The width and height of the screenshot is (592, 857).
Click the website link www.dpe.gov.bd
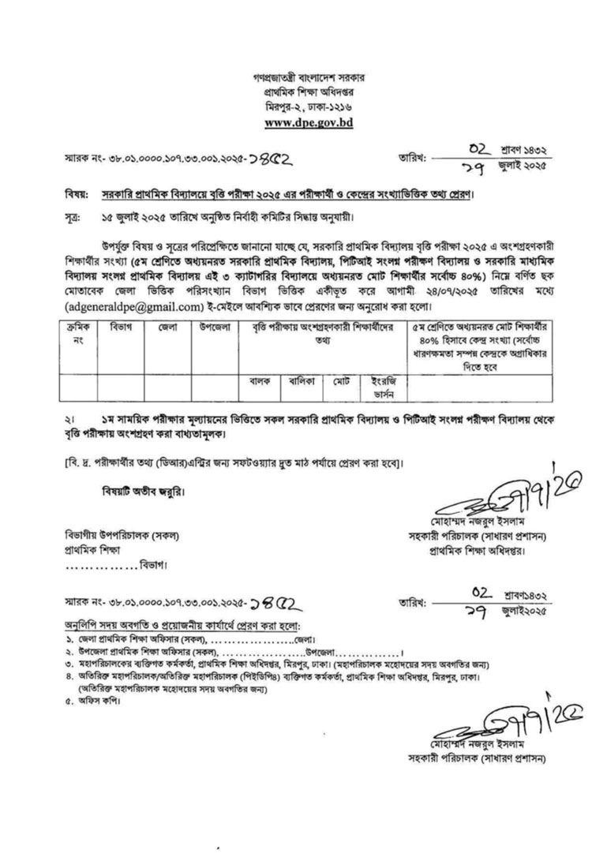tap(298, 123)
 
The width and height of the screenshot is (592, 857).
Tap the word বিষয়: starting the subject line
tap(75, 193)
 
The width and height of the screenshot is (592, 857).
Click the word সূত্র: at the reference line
tap(73, 215)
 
